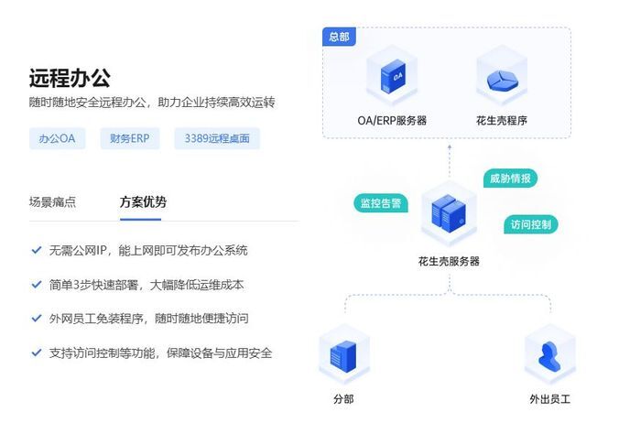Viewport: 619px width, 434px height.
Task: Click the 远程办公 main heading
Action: coord(70,78)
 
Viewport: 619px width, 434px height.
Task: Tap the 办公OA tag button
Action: coord(58,138)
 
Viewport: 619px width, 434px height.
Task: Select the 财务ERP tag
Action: coord(130,138)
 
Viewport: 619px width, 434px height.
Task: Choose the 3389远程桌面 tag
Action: coord(217,138)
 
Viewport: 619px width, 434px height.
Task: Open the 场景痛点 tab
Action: coord(52,202)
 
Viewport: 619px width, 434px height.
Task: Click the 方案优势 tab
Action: coord(143,202)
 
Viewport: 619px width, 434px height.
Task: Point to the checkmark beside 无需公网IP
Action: coord(37,250)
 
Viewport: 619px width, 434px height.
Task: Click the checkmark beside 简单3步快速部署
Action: coord(37,285)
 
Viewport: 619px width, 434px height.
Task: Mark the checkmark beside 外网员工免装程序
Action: coord(37,319)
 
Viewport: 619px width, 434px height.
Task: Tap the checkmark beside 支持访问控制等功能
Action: coord(37,353)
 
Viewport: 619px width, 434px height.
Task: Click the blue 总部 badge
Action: coord(339,37)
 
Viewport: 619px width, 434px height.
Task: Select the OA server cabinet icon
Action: coord(393,77)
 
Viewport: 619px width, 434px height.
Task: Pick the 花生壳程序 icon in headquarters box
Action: coord(502,81)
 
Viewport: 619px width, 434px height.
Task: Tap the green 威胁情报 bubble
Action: coord(510,179)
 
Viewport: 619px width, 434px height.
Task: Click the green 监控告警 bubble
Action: coord(381,203)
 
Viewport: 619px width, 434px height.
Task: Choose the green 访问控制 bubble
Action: coord(530,224)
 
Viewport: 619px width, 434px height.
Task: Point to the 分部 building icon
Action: coord(343,356)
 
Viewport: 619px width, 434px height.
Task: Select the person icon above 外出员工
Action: coord(549,356)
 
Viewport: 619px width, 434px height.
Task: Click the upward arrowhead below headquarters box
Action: coord(450,147)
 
